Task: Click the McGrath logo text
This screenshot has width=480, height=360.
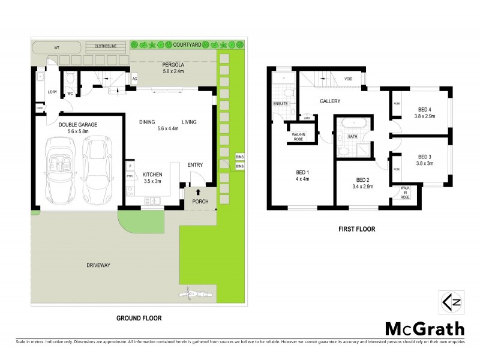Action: [424, 328]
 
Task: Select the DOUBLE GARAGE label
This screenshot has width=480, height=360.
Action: [78, 124]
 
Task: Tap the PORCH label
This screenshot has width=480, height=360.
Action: [200, 202]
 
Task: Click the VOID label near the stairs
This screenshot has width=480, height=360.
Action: [348, 79]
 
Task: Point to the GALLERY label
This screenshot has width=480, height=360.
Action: [330, 101]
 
